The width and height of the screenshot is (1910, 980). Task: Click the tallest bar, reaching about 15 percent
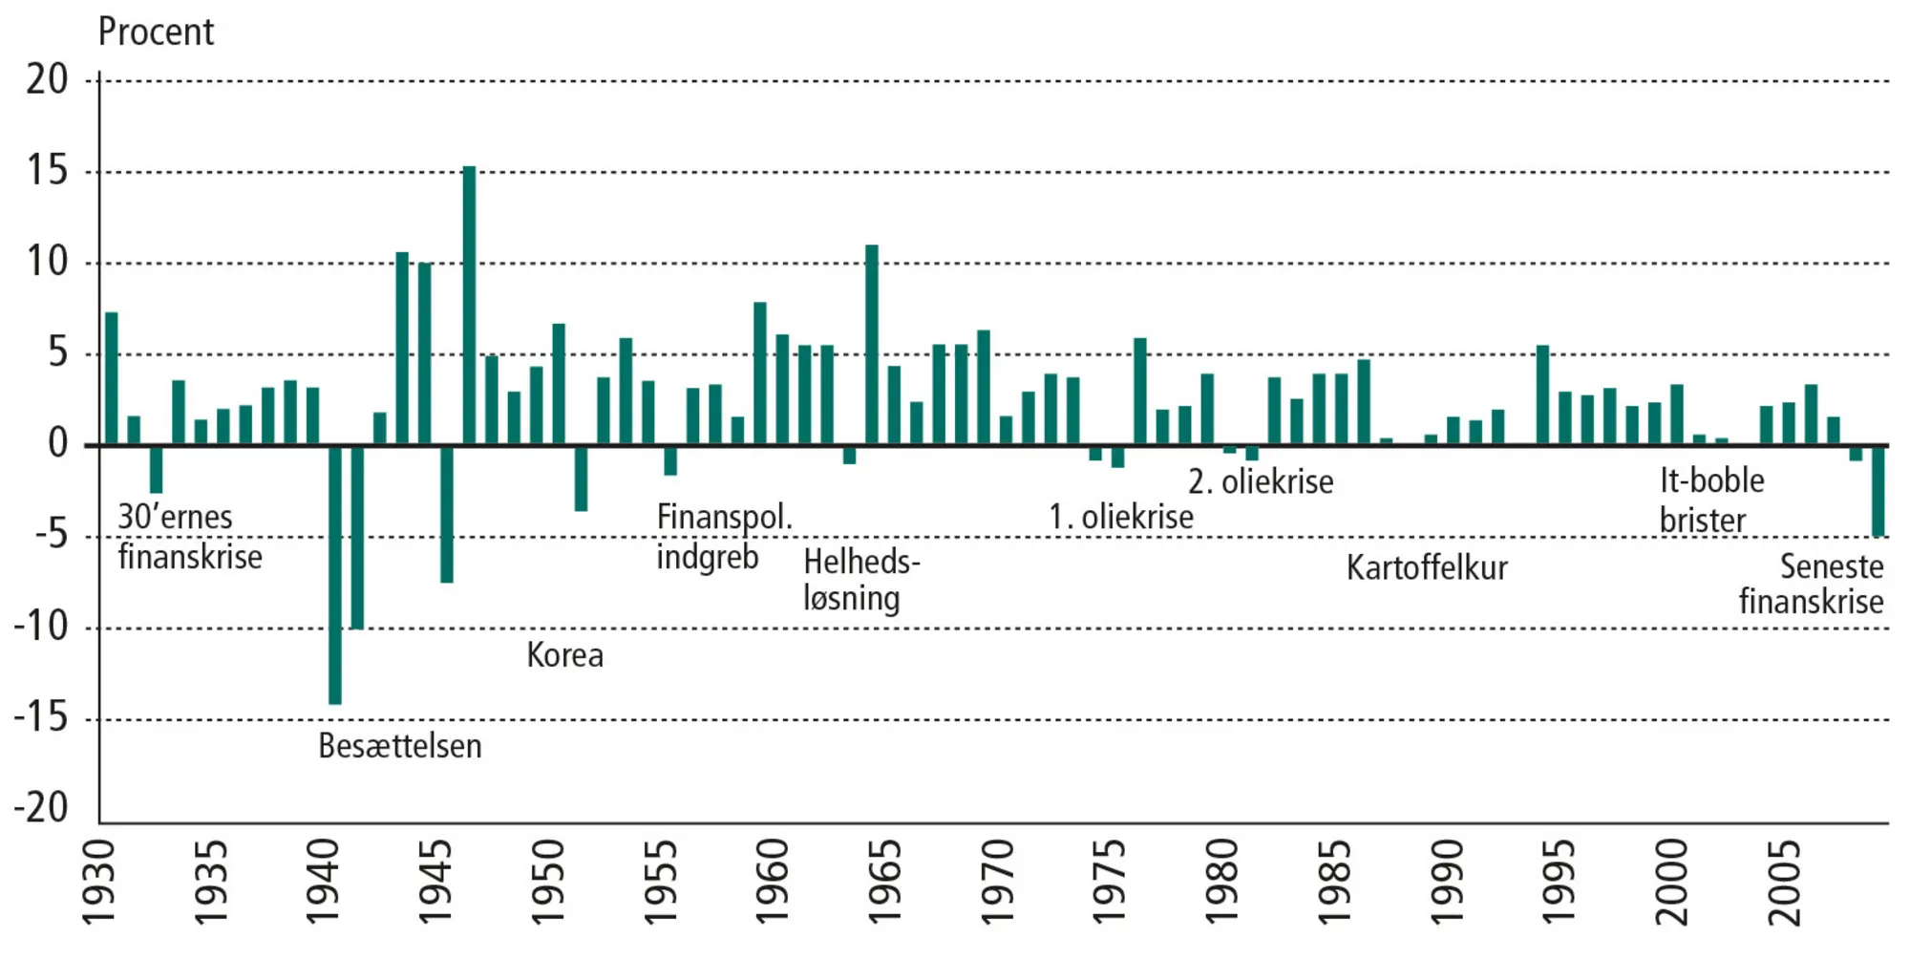tap(469, 306)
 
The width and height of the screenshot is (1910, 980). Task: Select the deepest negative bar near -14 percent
tap(335, 573)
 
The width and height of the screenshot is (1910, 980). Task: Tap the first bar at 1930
tap(112, 378)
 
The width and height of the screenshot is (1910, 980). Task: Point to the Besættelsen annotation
tap(399, 746)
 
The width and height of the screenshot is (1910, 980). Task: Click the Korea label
tap(564, 655)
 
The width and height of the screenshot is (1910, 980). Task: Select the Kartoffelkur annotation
tap(1427, 568)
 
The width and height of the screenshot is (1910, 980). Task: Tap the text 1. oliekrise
tap(1120, 517)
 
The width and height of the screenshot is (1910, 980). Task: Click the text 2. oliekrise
tap(1261, 481)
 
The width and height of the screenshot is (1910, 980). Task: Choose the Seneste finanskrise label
tap(1812, 584)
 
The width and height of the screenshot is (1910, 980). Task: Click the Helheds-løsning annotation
tap(860, 580)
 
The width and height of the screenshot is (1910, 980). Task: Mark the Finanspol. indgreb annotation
tap(723, 537)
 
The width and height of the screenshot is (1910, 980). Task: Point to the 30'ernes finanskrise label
tap(189, 537)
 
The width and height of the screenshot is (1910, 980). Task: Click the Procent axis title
tap(156, 32)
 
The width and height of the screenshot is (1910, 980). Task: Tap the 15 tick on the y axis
tap(48, 171)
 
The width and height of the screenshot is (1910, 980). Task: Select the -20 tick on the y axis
tap(42, 808)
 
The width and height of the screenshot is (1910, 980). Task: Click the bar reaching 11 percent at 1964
tap(872, 345)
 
